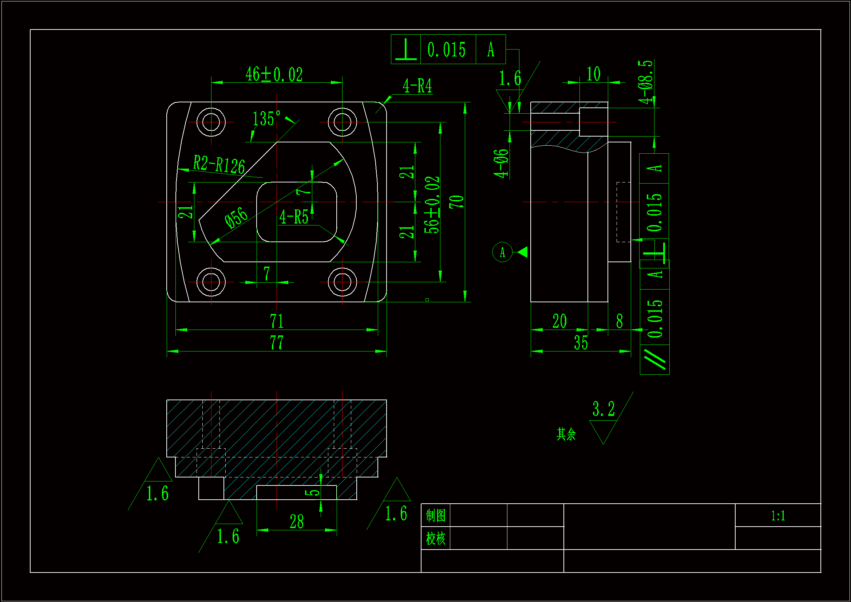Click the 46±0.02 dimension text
coord(274,75)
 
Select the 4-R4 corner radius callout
coord(417,86)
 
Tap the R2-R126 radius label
coord(219,164)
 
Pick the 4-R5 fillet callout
coord(294,217)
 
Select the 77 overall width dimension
coord(277,342)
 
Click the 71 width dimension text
coord(277,321)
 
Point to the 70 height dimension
coord(456,202)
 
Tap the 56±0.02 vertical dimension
coord(432,205)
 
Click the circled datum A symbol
coord(502,252)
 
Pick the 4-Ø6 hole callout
coord(501,163)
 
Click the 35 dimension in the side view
coord(581,343)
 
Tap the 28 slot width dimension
coord(297,522)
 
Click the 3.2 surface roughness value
coord(603,409)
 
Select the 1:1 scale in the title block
coord(778,516)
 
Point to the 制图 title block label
coord(435,516)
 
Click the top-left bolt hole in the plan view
coord(211,122)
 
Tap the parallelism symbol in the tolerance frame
coord(654,359)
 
